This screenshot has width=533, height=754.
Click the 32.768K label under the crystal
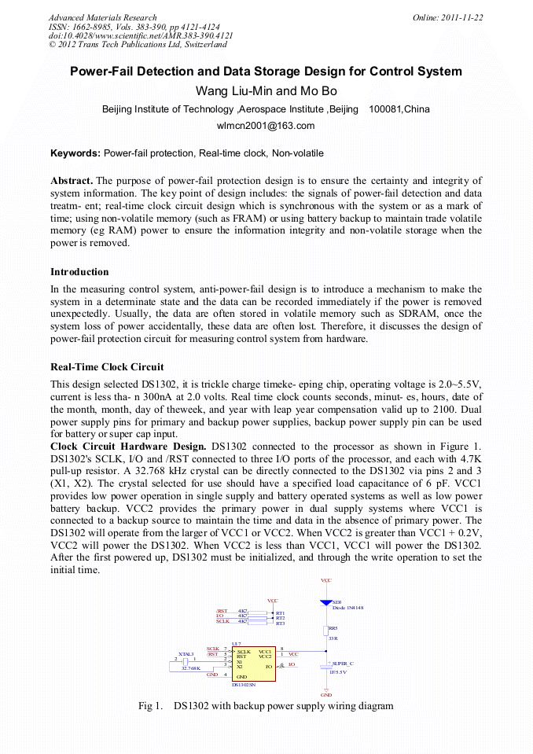[x=191, y=669]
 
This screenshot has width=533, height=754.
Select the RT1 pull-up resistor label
[x=280, y=612]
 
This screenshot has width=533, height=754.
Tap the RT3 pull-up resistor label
[x=280, y=623]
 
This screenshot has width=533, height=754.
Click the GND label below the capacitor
[x=326, y=695]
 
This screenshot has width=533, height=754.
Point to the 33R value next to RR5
[x=333, y=638]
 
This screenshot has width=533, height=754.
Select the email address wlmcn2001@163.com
[x=266, y=125]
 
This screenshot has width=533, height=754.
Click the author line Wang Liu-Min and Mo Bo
[x=266, y=90]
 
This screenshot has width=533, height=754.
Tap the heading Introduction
[x=79, y=272]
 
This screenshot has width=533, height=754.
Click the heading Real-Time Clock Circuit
[x=107, y=366]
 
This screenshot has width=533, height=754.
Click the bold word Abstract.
[x=72, y=181]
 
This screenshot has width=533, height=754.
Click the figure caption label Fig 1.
[x=149, y=706]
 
